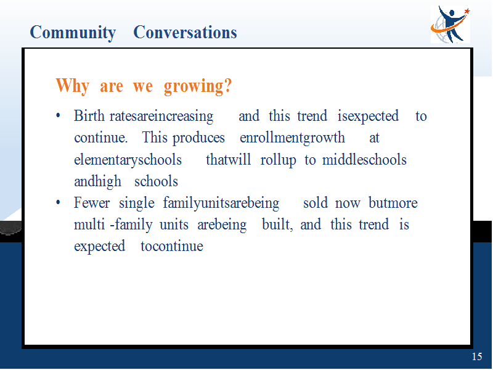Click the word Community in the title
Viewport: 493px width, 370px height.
pyautogui.click(x=73, y=33)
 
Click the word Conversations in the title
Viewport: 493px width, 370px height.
pyautogui.click(x=185, y=32)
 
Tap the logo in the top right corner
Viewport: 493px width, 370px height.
pyautogui.click(x=450, y=24)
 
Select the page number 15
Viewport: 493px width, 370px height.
pyautogui.click(x=476, y=356)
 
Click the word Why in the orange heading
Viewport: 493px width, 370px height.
pyautogui.click(x=72, y=86)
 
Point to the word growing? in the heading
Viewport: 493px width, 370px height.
pyautogui.click(x=198, y=86)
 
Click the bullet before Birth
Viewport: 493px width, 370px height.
pyautogui.click(x=58, y=116)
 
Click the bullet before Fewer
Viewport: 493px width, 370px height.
pyautogui.click(x=58, y=202)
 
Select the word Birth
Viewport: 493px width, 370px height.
pyautogui.click(x=89, y=115)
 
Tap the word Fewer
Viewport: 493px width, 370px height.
pyautogui.click(x=92, y=202)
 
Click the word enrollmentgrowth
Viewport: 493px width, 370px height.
pyautogui.click(x=292, y=138)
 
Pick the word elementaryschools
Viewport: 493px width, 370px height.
pyautogui.click(x=128, y=160)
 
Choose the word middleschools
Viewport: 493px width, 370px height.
pyautogui.click(x=364, y=160)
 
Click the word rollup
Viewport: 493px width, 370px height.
pyautogui.click(x=279, y=160)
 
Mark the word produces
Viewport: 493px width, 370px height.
pyautogui.click(x=198, y=138)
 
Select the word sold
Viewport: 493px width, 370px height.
pyautogui.click(x=316, y=202)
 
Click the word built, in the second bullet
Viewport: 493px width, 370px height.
pyautogui.click(x=278, y=224)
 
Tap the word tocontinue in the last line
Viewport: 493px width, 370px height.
pyautogui.click(x=172, y=246)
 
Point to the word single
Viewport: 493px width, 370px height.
pyautogui.click(x=137, y=203)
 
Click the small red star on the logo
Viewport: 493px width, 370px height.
pyautogui.click(x=467, y=11)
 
